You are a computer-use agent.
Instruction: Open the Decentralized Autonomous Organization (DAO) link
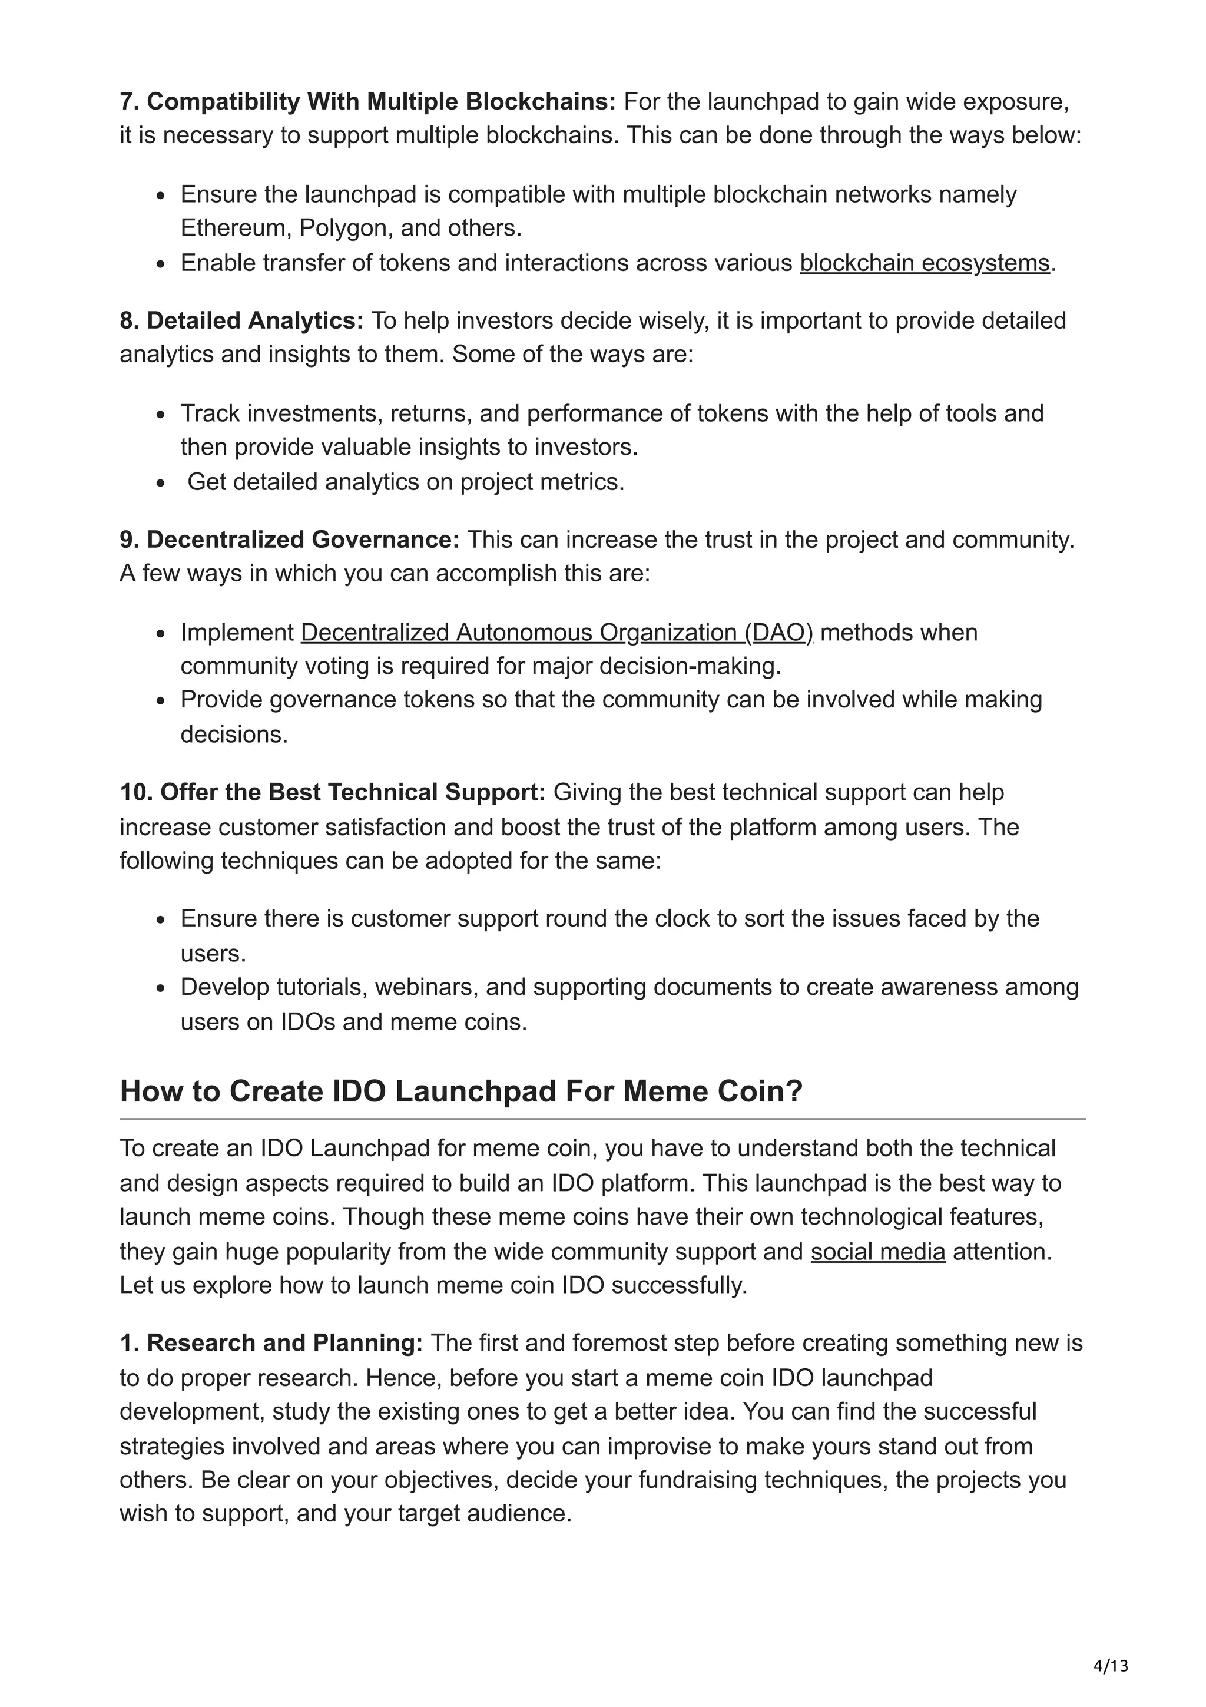(556, 633)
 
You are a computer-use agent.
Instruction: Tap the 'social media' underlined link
(877, 1252)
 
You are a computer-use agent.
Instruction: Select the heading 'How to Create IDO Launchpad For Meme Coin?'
(460, 1091)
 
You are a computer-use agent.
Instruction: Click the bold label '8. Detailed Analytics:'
(241, 321)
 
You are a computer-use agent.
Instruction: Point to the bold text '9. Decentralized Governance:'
(290, 540)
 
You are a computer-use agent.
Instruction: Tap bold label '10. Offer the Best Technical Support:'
(333, 793)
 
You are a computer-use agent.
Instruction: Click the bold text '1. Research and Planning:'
(271, 1344)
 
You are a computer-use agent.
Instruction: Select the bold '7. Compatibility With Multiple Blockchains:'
(368, 102)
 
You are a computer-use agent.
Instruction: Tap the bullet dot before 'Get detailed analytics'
(161, 483)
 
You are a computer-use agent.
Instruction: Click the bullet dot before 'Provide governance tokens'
(161, 701)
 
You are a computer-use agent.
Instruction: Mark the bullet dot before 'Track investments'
(161, 415)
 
